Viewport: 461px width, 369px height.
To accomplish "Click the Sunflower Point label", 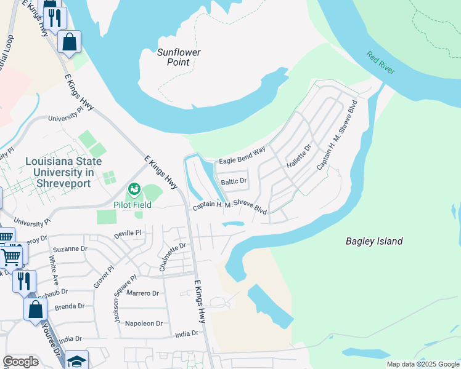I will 179,57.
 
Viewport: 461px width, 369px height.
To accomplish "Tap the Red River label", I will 381,63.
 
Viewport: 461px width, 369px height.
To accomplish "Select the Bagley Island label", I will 373,241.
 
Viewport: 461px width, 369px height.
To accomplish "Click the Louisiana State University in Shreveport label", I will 59,172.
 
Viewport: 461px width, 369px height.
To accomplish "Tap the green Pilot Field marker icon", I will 134,188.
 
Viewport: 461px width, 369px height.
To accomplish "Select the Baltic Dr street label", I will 234,181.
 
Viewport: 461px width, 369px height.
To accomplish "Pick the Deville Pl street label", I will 128,234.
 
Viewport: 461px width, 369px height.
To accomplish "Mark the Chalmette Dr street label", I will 172,256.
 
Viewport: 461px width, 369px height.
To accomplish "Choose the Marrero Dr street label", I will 142,293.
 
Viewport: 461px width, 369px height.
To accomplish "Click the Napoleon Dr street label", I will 144,323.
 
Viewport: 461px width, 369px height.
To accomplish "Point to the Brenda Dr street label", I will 69,306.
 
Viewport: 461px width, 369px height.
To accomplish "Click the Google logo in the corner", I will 20,362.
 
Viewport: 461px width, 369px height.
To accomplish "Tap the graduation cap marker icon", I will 77,360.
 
